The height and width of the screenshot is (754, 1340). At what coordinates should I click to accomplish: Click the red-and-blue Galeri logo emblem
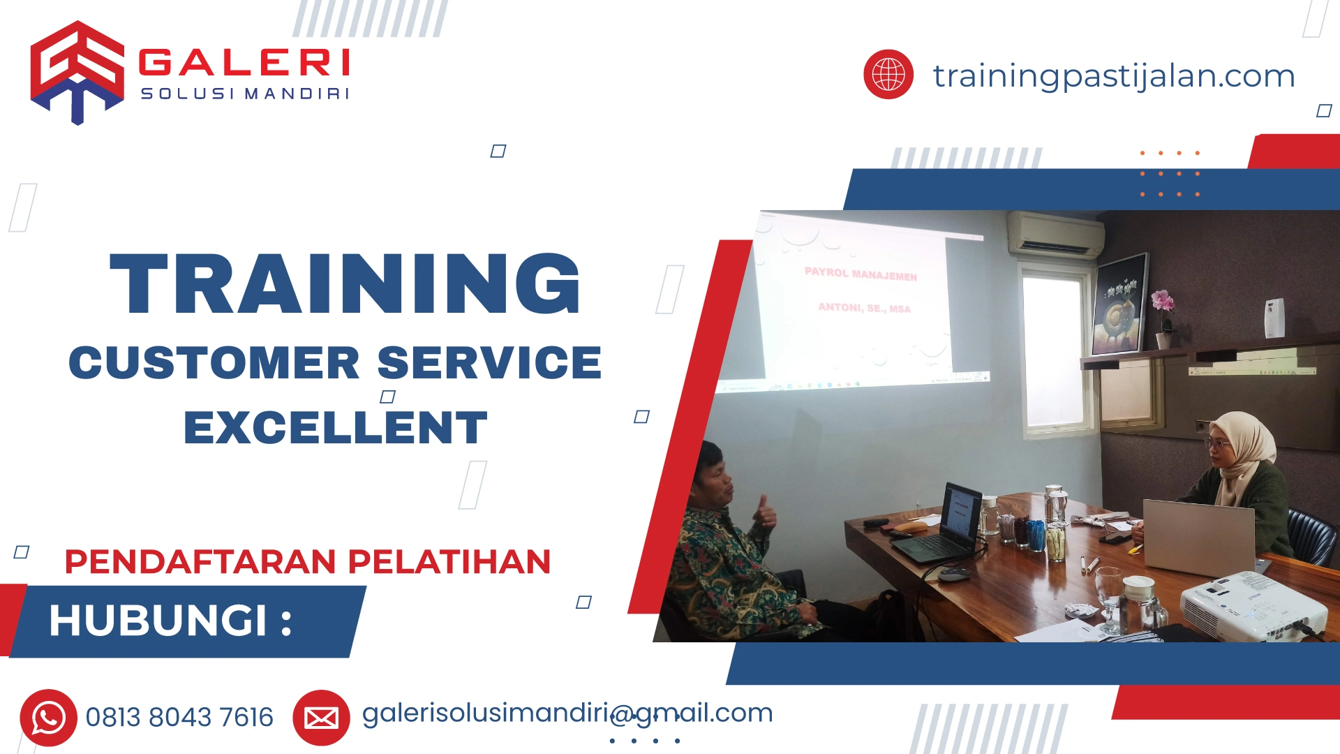77,72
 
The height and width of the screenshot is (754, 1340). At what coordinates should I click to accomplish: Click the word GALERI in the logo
244,63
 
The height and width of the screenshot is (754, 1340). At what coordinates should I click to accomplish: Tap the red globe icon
888,74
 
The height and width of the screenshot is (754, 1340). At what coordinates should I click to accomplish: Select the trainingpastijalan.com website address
1114,75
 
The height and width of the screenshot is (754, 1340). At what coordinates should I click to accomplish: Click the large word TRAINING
345,284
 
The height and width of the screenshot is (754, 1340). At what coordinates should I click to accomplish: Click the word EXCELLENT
335,427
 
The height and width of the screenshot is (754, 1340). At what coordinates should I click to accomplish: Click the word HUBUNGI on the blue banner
158,620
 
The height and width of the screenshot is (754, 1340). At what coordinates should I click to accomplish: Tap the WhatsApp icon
48,717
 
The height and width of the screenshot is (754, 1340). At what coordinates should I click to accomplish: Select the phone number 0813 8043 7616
179,717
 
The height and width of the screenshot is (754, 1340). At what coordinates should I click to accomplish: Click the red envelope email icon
321,717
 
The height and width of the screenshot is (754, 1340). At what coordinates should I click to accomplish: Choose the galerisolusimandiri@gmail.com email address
567,713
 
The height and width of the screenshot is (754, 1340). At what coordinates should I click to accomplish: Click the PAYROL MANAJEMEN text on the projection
861,274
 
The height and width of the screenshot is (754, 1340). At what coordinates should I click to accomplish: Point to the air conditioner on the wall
1055,235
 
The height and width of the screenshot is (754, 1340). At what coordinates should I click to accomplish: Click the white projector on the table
1253,605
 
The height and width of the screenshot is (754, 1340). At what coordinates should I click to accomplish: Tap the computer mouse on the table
953,575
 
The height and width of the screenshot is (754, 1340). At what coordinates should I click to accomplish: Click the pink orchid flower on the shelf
1162,302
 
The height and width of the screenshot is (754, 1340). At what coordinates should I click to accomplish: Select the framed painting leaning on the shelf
1119,304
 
